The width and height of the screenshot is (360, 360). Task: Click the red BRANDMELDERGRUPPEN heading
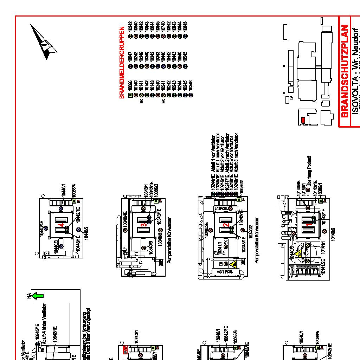(122, 63)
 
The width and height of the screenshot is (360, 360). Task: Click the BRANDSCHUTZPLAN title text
(345, 70)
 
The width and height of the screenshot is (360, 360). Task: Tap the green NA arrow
(37, 296)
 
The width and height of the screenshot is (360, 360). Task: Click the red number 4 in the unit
(62, 224)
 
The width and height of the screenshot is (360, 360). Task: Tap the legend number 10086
(130, 87)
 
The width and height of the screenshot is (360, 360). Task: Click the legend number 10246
(191, 87)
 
